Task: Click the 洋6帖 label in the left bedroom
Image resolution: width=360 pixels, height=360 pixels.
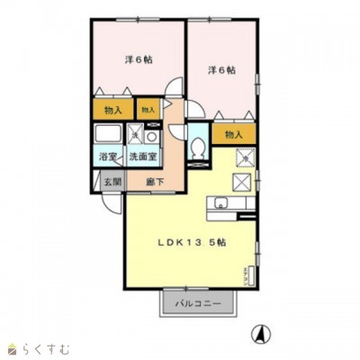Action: click(x=137, y=59)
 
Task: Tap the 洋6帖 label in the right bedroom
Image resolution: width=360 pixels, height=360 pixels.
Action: click(x=221, y=69)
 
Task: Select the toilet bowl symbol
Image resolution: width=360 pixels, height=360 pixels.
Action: click(x=198, y=147)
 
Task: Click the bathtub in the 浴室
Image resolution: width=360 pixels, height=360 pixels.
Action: click(x=106, y=136)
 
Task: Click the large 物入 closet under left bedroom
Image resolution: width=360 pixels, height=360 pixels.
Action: click(x=112, y=110)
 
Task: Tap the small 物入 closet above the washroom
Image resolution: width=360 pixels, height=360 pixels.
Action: click(x=148, y=110)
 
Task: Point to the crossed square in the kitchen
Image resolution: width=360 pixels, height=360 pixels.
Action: click(x=243, y=181)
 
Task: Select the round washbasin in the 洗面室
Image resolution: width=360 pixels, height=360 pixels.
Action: click(x=151, y=138)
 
